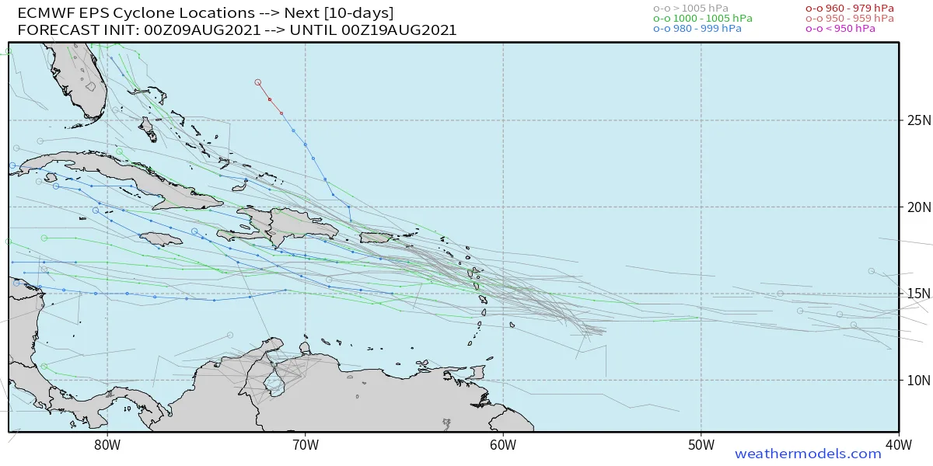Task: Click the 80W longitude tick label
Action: (x=107, y=445)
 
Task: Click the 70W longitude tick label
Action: (x=305, y=445)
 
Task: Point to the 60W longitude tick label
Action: (x=503, y=445)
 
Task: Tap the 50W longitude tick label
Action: (x=701, y=445)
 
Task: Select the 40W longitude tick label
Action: (x=899, y=445)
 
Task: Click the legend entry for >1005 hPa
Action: (x=691, y=9)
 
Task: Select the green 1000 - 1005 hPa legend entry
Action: (x=702, y=19)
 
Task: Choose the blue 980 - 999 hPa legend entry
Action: (x=697, y=29)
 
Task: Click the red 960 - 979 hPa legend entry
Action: (x=849, y=9)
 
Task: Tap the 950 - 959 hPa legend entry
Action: (x=849, y=19)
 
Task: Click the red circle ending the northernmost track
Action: (x=257, y=82)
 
